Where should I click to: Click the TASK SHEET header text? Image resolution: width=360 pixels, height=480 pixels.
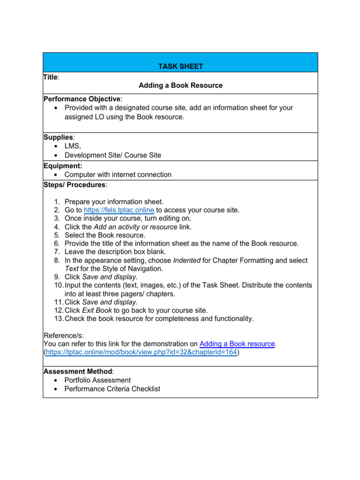point(180,67)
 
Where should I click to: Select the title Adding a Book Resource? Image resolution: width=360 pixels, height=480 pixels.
point(180,85)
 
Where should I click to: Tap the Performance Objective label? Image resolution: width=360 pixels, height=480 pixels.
point(82,99)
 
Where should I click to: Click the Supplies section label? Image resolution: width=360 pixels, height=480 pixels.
point(58,137)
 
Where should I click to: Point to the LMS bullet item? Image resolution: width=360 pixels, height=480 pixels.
point(73,146)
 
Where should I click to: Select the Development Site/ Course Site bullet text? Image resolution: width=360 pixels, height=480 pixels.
point(112,155)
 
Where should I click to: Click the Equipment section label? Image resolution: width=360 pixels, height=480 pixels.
point(63,165)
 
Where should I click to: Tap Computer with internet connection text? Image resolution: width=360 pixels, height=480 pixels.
point(118,174)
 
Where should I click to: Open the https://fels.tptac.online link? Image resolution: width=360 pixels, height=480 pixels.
point(119,210)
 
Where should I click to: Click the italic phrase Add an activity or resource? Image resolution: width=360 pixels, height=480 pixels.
point(135,227)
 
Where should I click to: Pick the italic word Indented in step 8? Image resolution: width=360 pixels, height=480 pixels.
point(187,260)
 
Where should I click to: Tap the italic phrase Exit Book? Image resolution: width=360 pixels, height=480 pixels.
point(97,310)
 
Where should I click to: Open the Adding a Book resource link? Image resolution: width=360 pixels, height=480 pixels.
point(237,344)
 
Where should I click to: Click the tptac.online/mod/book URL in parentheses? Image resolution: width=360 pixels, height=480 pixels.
point(141,352)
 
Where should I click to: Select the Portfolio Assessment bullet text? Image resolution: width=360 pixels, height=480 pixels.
point(97,380)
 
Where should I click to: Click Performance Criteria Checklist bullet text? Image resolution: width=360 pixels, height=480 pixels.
point(112,389)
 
